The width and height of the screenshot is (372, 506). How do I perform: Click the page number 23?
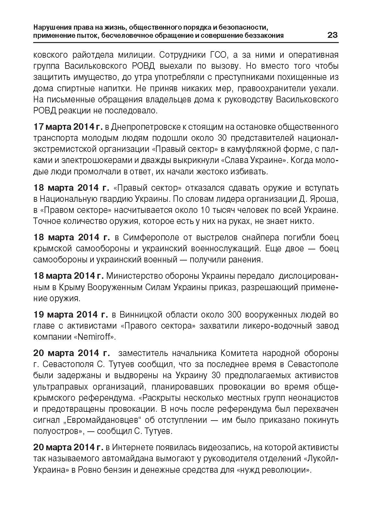pos(332,35)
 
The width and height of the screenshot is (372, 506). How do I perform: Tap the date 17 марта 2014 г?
pos(68,126)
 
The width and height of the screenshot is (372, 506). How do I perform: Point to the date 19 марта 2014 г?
pos(71,314)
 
